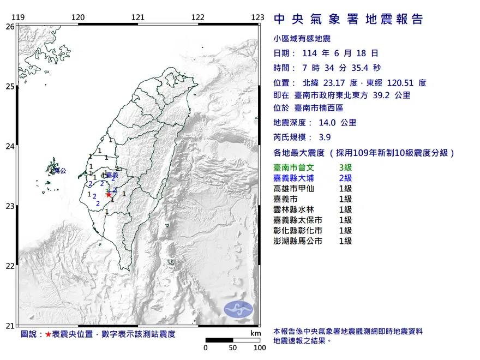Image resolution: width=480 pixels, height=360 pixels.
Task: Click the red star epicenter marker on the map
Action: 109,194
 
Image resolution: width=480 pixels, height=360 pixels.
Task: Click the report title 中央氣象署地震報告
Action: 348,20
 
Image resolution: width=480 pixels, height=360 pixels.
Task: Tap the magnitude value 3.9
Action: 325,137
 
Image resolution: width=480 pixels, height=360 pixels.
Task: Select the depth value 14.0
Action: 328,123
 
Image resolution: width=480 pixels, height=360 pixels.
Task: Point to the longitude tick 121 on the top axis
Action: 137,17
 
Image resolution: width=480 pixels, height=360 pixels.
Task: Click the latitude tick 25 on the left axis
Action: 10,86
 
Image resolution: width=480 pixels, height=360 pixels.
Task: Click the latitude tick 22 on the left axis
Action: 10,266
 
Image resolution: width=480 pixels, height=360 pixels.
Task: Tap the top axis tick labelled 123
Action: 257,17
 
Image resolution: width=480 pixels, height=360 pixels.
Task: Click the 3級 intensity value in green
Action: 345,167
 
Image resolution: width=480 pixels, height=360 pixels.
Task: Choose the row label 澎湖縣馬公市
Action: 298,241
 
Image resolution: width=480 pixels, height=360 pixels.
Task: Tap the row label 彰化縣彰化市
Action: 298,230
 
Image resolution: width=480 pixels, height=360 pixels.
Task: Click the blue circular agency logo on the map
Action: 239,309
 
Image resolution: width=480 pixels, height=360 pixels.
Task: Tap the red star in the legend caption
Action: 49,334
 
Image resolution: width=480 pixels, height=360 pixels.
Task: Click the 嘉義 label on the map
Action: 112,175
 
